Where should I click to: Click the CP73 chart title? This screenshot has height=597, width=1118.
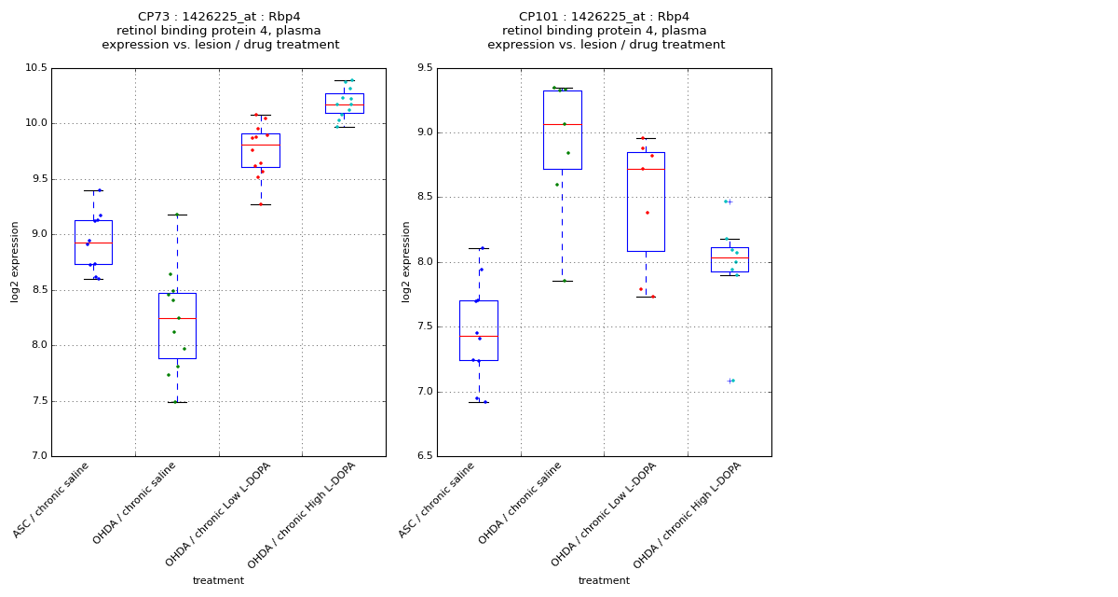(220, 31)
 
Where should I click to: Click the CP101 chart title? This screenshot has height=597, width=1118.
(606, 31)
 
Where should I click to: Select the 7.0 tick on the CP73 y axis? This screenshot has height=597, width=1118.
(38, 456)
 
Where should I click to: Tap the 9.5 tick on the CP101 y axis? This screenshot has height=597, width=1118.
(424, 68)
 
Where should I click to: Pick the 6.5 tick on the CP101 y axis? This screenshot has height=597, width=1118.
(424, 456)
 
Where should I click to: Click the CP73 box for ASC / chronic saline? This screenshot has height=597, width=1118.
(93, 243)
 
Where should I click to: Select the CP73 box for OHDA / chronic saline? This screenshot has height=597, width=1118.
(177, 326)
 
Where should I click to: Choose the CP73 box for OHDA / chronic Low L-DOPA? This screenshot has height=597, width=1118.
(261, 150)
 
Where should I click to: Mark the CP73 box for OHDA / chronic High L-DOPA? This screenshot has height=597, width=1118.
(344, 103)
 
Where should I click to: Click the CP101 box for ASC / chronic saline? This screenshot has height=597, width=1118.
(478, 330)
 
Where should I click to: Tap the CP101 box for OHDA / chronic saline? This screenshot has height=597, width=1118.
(562, 130)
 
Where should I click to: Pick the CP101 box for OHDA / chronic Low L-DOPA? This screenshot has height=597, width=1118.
(646, 201)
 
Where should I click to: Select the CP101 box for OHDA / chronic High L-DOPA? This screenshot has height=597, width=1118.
(729, 259)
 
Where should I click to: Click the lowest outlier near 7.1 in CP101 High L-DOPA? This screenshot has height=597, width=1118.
(731, 381)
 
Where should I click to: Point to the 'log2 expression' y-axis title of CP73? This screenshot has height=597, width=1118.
(15, 262)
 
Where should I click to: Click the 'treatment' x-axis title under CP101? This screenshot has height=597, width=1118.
(604, 581)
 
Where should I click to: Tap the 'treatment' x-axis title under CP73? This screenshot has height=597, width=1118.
(218, 581)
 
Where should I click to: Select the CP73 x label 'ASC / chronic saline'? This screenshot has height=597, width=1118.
(52, 500)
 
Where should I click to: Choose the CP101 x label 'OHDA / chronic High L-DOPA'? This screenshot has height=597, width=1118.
(687, 515)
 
